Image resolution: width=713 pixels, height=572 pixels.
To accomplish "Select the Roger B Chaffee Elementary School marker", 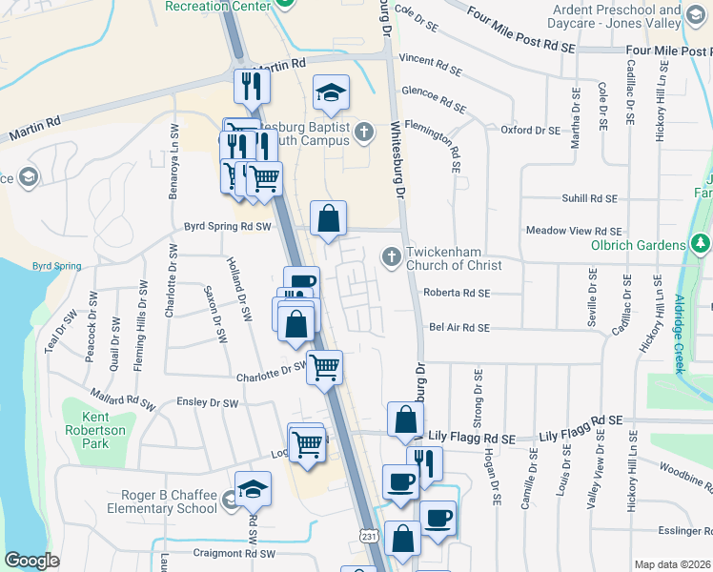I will click(x=253, y=489).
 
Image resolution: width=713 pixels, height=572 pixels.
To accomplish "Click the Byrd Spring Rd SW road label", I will click(x=228, y=227).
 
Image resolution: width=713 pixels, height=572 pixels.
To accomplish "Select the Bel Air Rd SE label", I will click(x=458, y=327).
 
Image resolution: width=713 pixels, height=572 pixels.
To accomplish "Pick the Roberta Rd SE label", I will click(x=457, y=293).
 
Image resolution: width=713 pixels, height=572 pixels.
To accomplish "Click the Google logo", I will click(x=31, y=561).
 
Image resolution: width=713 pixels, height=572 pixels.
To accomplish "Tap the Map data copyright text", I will click(x=673, y=564).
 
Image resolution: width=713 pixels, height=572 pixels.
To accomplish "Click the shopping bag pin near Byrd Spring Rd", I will click(x=328, y=218).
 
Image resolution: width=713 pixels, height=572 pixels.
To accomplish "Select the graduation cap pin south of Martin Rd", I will click(x=332, y=92).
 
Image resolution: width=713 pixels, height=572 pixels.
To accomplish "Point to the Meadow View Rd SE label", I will click(x=574, y=232).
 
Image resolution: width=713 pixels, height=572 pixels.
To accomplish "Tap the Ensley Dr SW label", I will click(x=207, y=403).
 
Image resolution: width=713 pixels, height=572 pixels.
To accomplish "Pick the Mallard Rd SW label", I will click(x=122, y=398).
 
